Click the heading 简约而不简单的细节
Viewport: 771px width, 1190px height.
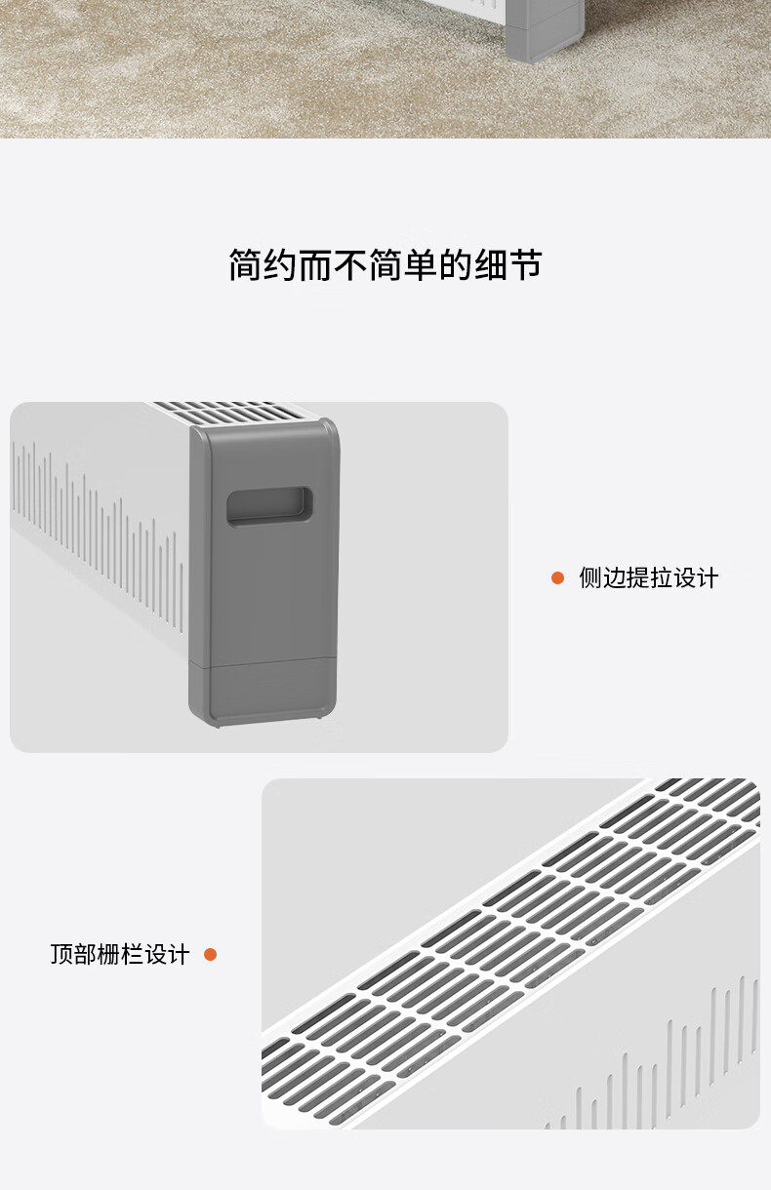(385, 264)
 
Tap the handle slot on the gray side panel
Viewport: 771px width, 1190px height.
(269, 506)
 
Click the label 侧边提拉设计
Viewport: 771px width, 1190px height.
(648, 577)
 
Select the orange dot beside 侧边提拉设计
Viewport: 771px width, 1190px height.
(557, 577)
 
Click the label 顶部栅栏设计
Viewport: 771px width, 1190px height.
(119, 954)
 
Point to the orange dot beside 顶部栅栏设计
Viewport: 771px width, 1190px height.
(210, 954)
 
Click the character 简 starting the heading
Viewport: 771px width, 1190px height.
(246, 264)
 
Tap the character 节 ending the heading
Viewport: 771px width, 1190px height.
(525, 264)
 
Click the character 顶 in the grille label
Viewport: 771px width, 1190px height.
(61, 954)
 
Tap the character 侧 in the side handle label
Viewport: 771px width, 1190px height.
(590, 577)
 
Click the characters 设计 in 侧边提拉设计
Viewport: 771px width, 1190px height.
(695, 577)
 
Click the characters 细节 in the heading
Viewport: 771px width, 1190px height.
(507, 264)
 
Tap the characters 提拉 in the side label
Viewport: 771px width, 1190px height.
(648, 577)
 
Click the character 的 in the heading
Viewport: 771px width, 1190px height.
(455, 264)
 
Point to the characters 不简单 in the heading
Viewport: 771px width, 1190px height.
(385, 264)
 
